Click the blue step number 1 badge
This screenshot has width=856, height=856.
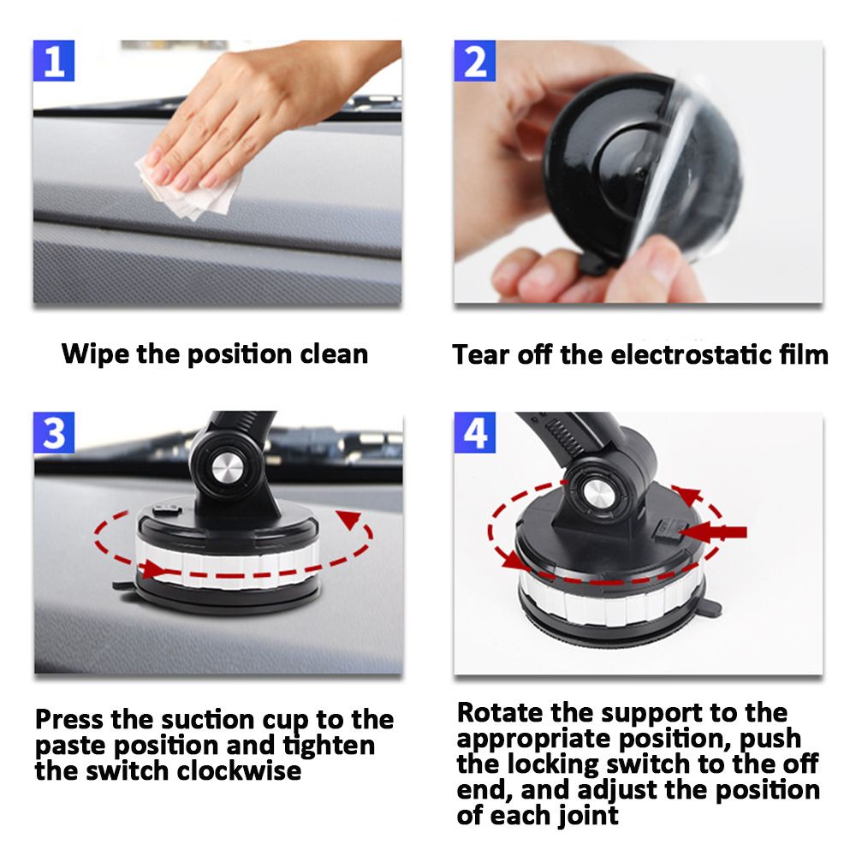53,61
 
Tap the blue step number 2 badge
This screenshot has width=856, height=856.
475,61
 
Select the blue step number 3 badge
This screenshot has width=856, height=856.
54,433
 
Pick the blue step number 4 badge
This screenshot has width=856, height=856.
475,433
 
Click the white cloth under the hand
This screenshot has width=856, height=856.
191,186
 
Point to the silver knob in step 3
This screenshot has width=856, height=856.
227,468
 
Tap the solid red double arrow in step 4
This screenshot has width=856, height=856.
715,532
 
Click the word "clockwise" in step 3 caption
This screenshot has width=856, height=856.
239,770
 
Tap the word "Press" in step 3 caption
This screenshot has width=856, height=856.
69,720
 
